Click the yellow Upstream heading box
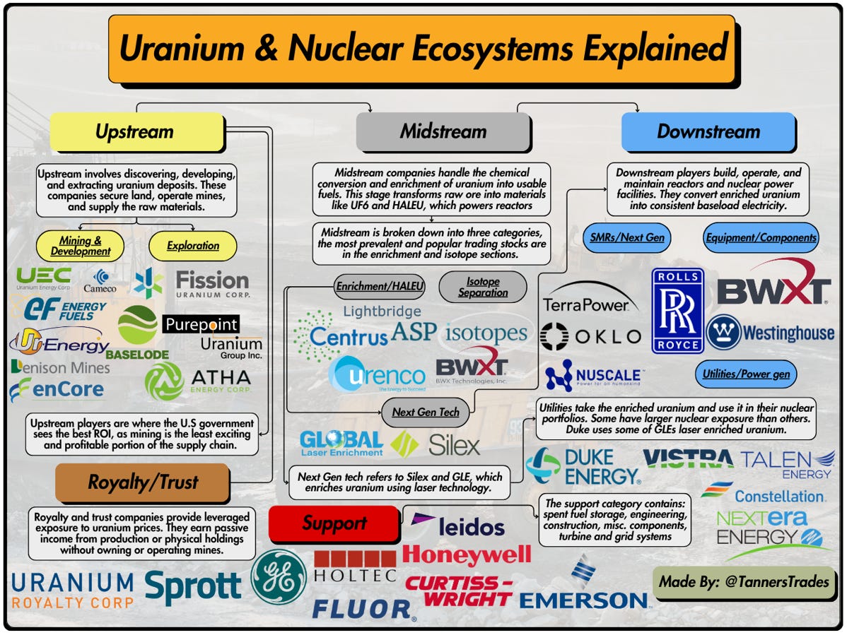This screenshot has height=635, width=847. click(136, 132)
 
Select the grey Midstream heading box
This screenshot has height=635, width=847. click(443, 132)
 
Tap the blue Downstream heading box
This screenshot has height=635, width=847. click(708, 132)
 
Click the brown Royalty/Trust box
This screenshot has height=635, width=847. click(142, 483)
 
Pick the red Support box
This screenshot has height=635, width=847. click(334, 524)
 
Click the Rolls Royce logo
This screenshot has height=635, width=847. click(677, 309)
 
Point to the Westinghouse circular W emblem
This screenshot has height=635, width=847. click(723, 332)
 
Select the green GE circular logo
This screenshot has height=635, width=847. click(279, 576)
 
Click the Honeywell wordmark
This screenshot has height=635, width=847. click(467, 554)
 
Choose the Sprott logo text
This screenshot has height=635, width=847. click(192, 586)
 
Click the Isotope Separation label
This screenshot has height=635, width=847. click(483, 287)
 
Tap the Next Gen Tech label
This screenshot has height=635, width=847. click(426, 413)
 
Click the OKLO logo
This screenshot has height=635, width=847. click(590, 336)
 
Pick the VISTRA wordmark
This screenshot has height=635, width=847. click(688, 459)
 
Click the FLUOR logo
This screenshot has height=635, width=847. click(361, 607)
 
